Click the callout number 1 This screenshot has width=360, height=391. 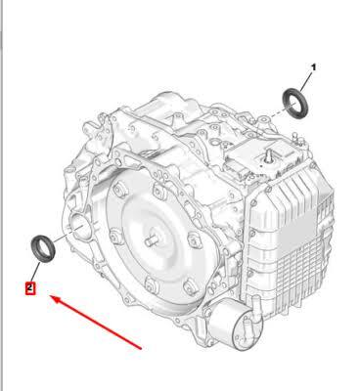(x=313, y=67)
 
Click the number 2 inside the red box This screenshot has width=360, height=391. (x=30, y=287)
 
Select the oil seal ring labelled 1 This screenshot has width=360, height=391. (x=294, y=104)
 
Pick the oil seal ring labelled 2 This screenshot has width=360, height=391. (x=43, y=248)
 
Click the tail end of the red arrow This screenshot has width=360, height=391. (x=141, y=349)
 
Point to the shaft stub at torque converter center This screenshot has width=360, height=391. (x=152, y=241)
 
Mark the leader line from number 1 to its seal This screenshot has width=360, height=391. (x=306, y=81)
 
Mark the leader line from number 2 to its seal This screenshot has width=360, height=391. (x=35, y=272)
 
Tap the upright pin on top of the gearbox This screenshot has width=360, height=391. (x=269, y=154)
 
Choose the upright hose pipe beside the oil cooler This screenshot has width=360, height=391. (x=255, y=306)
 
